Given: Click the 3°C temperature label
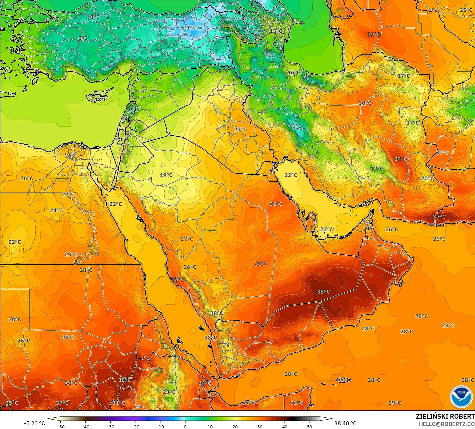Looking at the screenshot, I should click(x=95, y=17).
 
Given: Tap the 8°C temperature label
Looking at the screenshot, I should click(x=83, y=38).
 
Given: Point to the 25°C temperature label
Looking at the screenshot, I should click(x=466, y=10).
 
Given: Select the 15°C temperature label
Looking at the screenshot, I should click(x=276, y=31).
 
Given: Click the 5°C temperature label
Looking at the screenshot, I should click(x=270, y=55).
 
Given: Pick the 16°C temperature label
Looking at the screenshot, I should click(x=294, y=73).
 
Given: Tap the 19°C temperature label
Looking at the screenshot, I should click(x=166, y=175).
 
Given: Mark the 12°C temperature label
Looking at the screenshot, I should click(x=377, y=169).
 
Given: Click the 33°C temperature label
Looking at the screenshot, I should click(x=178, y=279).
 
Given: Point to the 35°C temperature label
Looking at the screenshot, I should click(x=12, y=403).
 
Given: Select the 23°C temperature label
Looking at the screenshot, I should click(x=169, y=392).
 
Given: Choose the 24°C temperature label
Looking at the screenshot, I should click(x=56, y=210).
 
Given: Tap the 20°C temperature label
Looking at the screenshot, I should click(x=427, y=178).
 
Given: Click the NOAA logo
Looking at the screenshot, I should click(x=461, y=397).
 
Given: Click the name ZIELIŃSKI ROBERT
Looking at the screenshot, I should click(x=445, y=416).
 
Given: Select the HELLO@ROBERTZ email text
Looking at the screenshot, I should click(x=447, y=424).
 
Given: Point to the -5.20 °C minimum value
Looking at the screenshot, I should click(x=34, y=423).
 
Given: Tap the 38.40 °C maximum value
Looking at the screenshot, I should click(x=345, y=423).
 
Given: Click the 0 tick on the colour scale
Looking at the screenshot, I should click(x=185, y=426).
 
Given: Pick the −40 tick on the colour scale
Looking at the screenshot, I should click(x=85, y=426).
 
